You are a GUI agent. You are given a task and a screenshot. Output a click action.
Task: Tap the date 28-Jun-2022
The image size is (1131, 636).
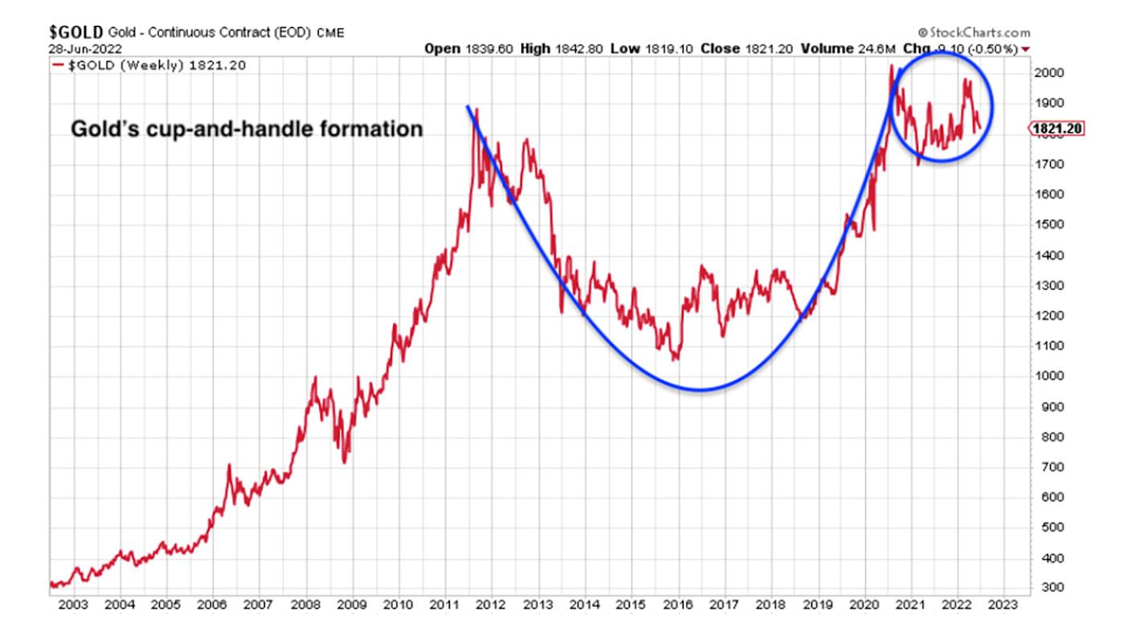(x=80, y=49)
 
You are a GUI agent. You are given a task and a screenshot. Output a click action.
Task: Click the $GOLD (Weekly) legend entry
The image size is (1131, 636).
(x=149, y=64)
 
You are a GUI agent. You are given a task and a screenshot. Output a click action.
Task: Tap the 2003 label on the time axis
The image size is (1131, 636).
(x=73, y=604)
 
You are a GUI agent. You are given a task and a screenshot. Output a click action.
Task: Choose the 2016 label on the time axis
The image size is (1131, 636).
(x=679, y=604)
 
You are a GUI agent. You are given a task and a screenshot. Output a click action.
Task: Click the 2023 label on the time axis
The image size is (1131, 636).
(x=1003, y=604)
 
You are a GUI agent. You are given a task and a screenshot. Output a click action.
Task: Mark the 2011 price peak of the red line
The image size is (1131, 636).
(x=476, y=109)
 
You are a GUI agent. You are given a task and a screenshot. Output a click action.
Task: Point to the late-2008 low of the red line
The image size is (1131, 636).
(x=345, y=462)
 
